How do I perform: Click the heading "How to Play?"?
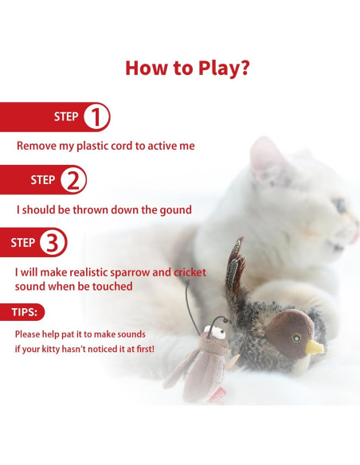click(188, 67)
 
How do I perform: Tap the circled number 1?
click(96, 117)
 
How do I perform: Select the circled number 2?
click(72, 180)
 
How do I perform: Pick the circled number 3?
click(53, 243)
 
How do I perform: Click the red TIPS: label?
click(28, 312)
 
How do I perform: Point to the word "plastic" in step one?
click(98, 147)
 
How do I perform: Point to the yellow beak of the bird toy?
click(316, 347)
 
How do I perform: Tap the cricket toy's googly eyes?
click(220, 326)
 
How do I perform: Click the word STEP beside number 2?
click(42, 180)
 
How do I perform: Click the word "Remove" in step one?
click(37, 147)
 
